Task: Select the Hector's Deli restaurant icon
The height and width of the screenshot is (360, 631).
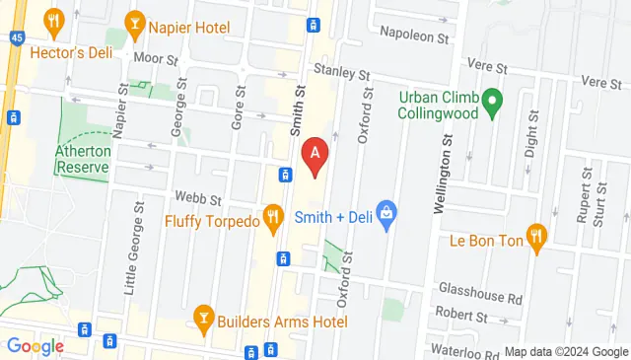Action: (x=50, y=21)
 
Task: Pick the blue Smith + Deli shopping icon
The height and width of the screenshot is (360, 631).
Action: (x=388, y=213)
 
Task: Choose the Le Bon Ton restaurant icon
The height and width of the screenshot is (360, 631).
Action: (x=536, y=236)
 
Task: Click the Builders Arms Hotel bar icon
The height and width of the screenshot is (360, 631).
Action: (x=204, y=317)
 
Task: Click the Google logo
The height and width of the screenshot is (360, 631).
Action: (x=35, y=345)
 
